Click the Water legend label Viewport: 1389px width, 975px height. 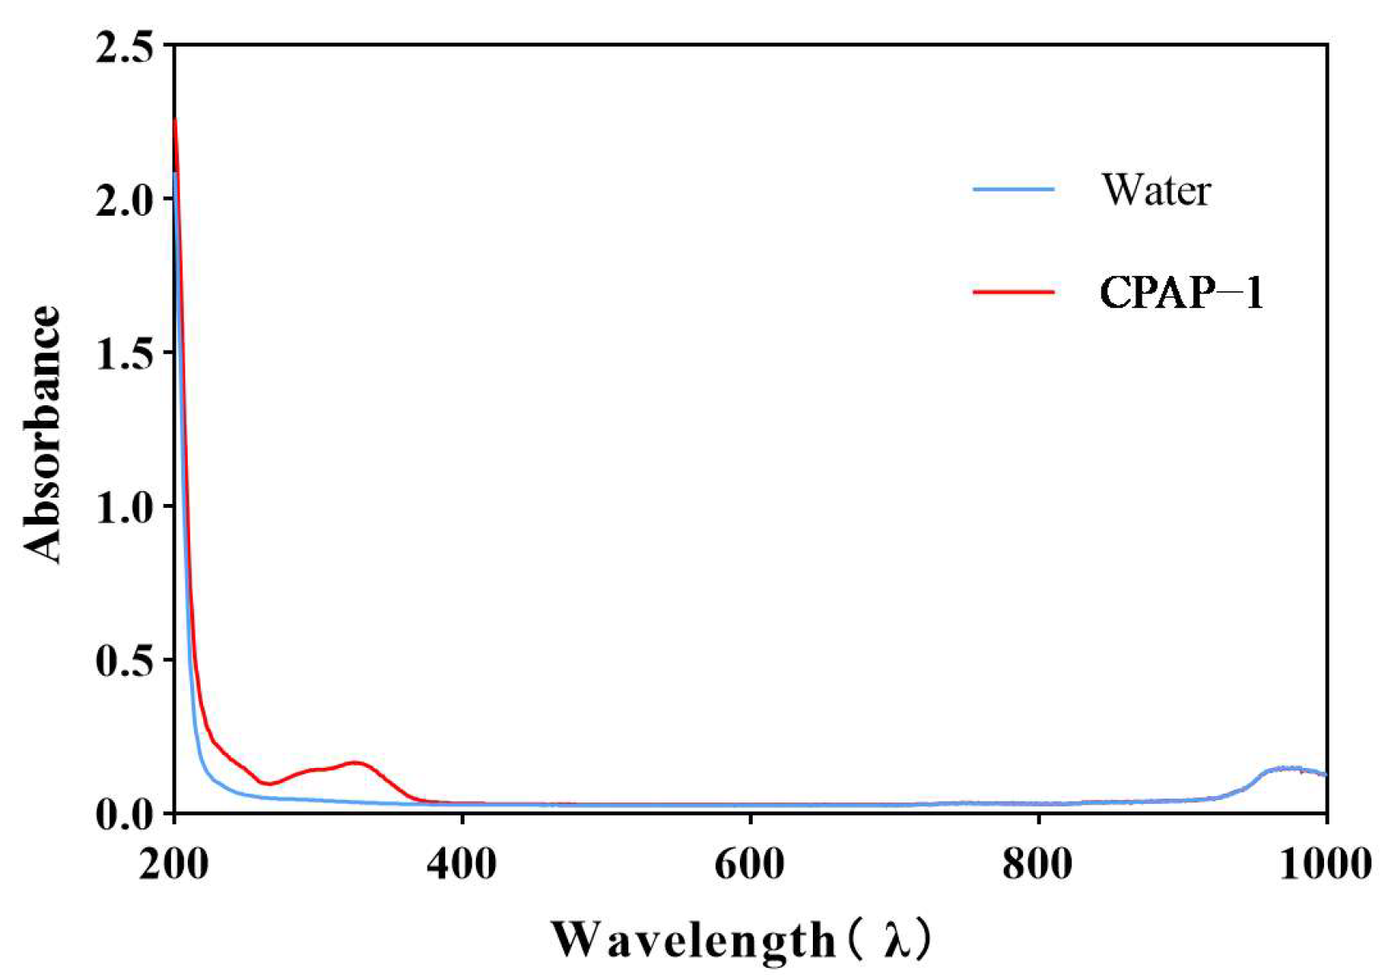pos(1155,190)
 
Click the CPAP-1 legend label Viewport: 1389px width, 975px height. pos(1181,292)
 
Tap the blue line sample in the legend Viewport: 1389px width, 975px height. pos(1013,190)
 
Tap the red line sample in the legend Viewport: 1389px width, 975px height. pos(1013,292)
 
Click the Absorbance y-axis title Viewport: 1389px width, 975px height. pos(42,433)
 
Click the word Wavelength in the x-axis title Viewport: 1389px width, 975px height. pos(692,940)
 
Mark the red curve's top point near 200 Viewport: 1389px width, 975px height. pos(175,120)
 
